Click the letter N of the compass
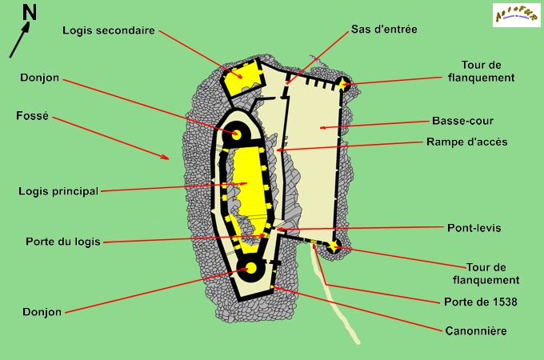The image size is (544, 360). pyautogui.click(x=29, y=11)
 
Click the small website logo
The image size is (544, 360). pyautogui.click(x=515, y=14)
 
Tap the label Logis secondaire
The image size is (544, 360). pyautogui.click(x=109, y=30)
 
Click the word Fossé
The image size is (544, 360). pyautogui.click(x=32, y=115)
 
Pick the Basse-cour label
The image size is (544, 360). pyautogui.click(x=462, y=122)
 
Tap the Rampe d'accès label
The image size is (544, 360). pyautogui.click(x=468, y=142)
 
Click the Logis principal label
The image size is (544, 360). pyautogui.click(x=58, y=191)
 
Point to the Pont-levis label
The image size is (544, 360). pyautogui.click(x=474, y=228)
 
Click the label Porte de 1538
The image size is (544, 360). pyautogui.click(x=480, y=302)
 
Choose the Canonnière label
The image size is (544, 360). pyautogui.click(x=476, y=330)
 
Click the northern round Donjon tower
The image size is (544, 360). pyautogui.click(x=237, y=134)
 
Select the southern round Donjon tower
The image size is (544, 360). pyautogui.click(x=250, y=270)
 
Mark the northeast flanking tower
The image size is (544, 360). pyautogui.click(x=344, y=84)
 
